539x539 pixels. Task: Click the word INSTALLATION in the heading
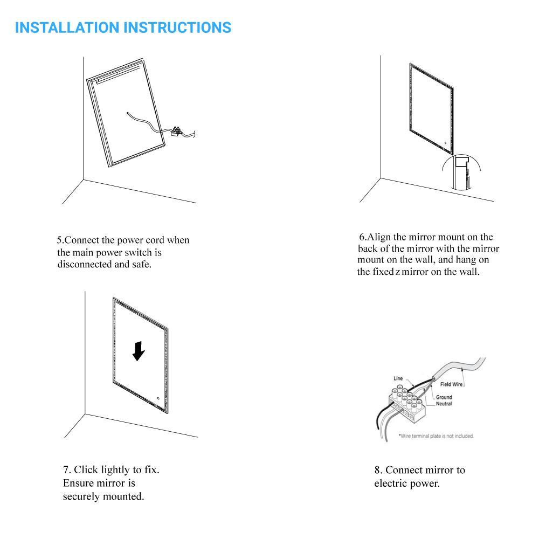point(67,27)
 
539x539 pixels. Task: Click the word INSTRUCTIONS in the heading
point(177,27)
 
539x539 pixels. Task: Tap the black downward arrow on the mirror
point(139,351)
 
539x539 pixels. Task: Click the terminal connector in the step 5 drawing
point(176,132)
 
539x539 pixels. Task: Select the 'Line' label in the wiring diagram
point(398,378)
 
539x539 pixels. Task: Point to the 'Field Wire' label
point(451,384)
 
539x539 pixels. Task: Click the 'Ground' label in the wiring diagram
point(444,397)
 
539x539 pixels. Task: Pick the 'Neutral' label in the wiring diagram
point(444,404)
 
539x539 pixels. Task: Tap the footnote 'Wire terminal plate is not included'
point(436,436)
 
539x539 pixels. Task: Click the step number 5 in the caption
point(59,240)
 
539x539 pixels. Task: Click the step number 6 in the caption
point(362,237)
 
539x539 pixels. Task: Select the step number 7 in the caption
point(66,469)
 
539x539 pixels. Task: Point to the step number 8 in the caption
point(377,470)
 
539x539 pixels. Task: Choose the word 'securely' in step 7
point(81,497)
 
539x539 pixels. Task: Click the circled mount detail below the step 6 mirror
point(461,172)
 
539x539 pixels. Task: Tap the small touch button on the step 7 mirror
point(158,398)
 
